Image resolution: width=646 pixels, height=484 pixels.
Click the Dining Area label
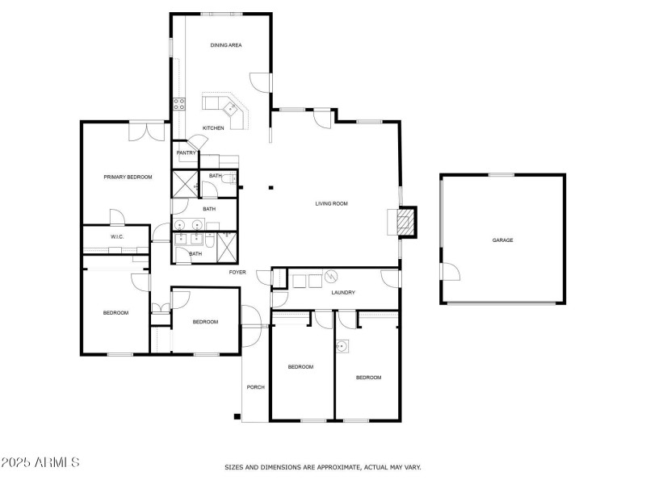(226, 45)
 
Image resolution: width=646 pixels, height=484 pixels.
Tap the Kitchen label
(213, 128)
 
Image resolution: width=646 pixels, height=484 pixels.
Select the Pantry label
(187, 152)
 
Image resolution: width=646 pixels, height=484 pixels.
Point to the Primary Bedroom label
(128, 177)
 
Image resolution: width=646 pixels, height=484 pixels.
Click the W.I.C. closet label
(115, 236)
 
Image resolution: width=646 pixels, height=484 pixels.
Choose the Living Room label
(331, 204)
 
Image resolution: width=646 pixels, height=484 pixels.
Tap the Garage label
(503, 240)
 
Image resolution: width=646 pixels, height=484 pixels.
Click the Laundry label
(343, 292)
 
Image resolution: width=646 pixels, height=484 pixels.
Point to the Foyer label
(237, 273)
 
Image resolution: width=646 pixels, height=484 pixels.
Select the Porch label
(255, 387)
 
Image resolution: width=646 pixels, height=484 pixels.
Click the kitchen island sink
(231, 107)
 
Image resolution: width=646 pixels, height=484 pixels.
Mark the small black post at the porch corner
(237, 416)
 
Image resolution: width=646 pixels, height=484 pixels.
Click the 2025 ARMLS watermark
(40, 463)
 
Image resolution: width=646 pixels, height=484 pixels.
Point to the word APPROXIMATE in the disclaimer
(331, 467)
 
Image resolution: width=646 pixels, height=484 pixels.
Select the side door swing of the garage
(449, 271)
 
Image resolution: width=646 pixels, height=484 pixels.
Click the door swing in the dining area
(259, 81)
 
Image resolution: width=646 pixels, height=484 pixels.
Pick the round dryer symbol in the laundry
(329, 277)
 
